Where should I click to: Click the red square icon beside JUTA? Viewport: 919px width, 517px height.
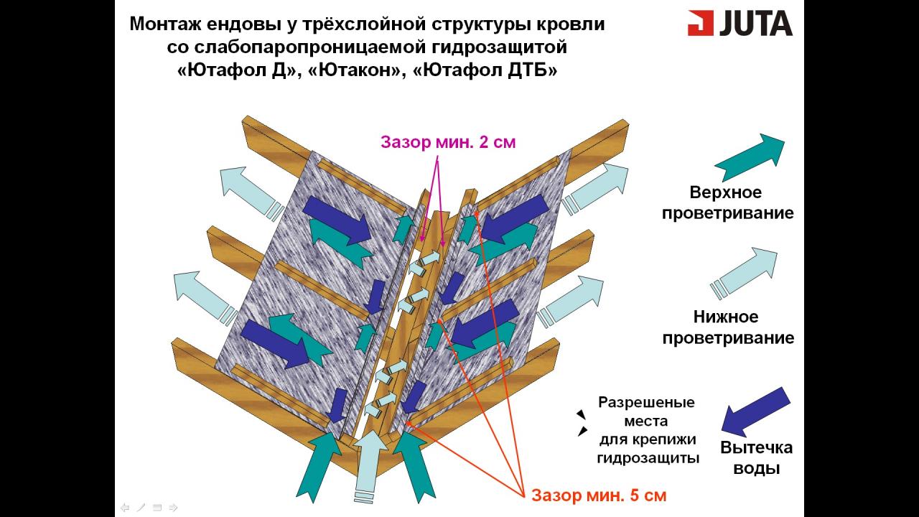click(x=701, y=23)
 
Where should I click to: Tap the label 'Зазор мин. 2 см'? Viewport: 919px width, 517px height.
click(x=448, y=141)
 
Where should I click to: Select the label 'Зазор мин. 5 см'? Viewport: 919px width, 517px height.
click(x=599, y=495)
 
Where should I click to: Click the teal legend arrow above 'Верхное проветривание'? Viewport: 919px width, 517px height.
click(x=750, y=156)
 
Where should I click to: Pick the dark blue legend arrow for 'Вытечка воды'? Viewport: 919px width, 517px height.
click(x=755, y=411)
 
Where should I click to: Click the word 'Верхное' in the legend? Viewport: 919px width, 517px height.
click(x=725, y=192)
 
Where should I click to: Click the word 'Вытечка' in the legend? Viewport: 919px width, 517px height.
click(x=756, y=447)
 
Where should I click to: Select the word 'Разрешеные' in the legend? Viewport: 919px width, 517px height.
click(x=646, y=402)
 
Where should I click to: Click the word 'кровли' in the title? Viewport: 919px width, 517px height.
click(x=572, y=24)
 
